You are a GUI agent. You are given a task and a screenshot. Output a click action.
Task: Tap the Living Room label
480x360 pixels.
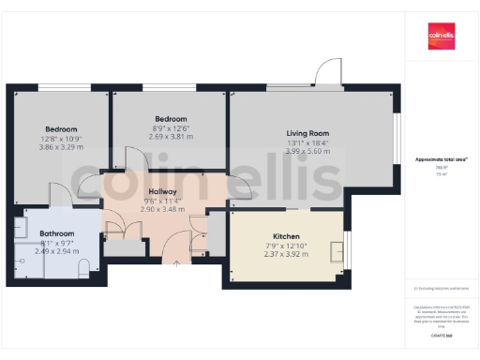307,133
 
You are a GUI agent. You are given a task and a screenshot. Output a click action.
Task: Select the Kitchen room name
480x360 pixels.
286,236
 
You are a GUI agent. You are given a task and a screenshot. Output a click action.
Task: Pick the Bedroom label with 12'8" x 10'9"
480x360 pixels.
61,128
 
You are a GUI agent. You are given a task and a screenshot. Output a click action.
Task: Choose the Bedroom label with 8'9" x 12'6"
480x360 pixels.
171,119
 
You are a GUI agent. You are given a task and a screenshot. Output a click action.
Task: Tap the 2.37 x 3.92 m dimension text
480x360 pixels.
286,254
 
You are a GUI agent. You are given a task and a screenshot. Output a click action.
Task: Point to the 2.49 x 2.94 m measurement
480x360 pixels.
57,250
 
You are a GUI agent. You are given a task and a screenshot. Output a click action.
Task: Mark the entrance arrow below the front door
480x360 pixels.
178,263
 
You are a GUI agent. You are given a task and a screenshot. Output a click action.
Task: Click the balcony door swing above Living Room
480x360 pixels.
329,73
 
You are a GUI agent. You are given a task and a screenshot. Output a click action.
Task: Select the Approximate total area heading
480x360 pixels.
442,160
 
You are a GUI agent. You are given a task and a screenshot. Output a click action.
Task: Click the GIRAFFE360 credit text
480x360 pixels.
442,334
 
